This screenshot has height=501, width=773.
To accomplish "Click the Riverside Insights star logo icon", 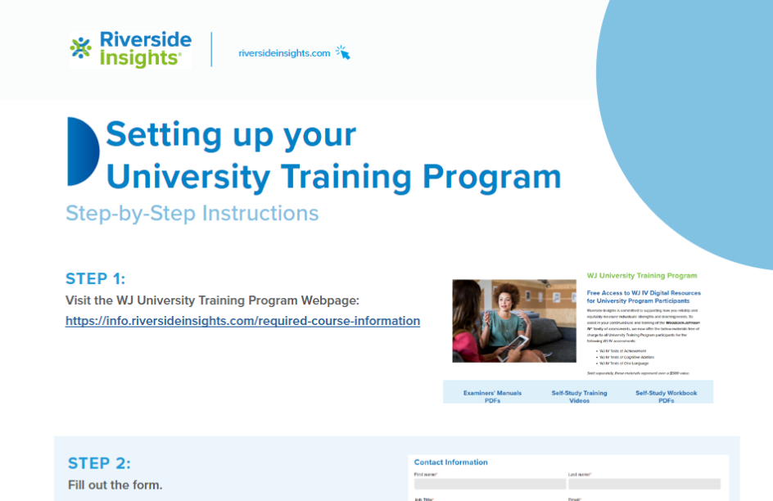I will click(81, 49).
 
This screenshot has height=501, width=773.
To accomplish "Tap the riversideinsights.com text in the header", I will click(284, 53).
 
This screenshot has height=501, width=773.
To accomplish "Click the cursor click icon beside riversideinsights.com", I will click(342, 52).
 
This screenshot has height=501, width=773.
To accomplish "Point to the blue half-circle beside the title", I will click(82, 151).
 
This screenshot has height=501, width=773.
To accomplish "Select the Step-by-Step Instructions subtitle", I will click(192, 214).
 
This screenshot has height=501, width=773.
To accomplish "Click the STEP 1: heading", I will click(95, 278).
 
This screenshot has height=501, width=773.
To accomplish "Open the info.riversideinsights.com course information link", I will click(242, 321).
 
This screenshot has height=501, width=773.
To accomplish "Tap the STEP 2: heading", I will click(99, 463).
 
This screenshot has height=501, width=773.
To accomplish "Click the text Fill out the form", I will click(115, 485).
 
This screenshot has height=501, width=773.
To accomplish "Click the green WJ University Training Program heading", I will click(642, 276).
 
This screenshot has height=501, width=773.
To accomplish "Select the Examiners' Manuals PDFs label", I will click(492, 397).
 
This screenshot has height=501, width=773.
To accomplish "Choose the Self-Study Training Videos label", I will click(579, 397).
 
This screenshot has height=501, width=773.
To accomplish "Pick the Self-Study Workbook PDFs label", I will click(666, 397).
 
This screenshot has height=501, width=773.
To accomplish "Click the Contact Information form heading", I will click(451, 463).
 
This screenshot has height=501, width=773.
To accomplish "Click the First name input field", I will click(489, 484).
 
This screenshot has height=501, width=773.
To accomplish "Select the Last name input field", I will click(644, 484).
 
